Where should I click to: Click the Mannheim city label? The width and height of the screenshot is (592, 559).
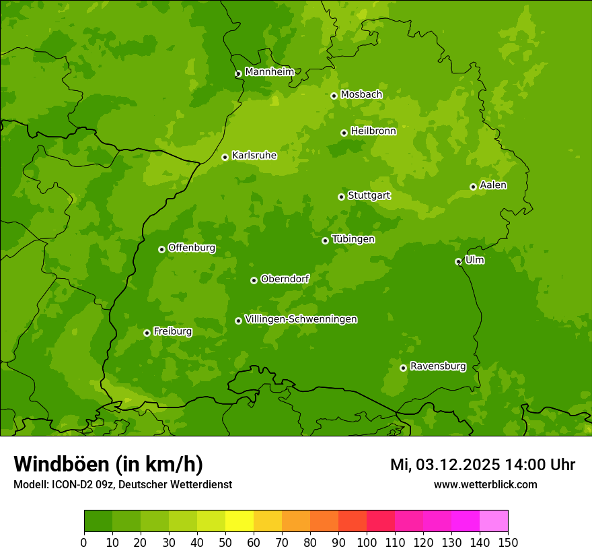click(x=269, y=72)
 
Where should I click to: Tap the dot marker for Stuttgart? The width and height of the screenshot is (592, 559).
click(x=342, y=197)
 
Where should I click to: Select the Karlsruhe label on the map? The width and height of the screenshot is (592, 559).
click(x=254, y=156)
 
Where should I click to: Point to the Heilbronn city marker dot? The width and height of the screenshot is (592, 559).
click(x=344, y=133)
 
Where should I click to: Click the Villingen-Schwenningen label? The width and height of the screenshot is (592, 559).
click(x=301, y=319)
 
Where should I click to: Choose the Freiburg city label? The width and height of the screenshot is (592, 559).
click(x=172, y=331)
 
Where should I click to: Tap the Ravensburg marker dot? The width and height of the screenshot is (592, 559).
click(x=404, y=368)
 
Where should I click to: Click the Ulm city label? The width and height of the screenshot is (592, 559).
click(x=474, y=260)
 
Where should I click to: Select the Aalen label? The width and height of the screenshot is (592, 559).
click(x=493, y=185)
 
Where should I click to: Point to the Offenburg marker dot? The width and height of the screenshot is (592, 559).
click(x=162, y=249)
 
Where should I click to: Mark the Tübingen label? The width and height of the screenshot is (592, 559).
click(x=353, y=239)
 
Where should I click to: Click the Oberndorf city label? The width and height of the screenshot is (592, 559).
click(x=285, y=279)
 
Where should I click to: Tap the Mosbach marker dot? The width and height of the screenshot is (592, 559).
click(x=334, y=96)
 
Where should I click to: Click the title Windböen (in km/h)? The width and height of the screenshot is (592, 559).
click(x=108, y=464)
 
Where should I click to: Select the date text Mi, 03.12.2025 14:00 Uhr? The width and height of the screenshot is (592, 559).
click(x=482, y=465)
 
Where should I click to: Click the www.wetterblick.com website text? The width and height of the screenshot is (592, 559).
click(x=485, y=484)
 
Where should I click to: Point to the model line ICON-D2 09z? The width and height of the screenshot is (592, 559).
click(x=122, y=484)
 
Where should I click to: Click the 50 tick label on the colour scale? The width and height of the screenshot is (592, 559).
click(x=225, y=543)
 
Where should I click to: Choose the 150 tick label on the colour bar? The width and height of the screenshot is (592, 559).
click(x=508, y=543)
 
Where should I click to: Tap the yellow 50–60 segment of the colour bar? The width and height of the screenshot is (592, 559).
click(x=239, y=521)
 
